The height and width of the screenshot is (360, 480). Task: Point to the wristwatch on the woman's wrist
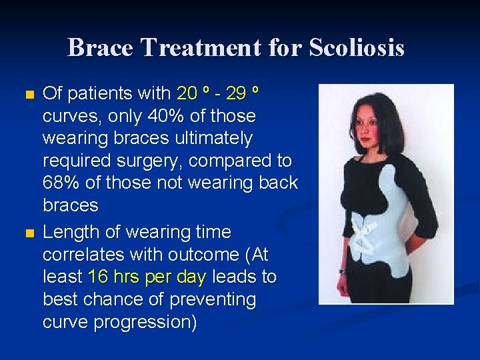point(342,271)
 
